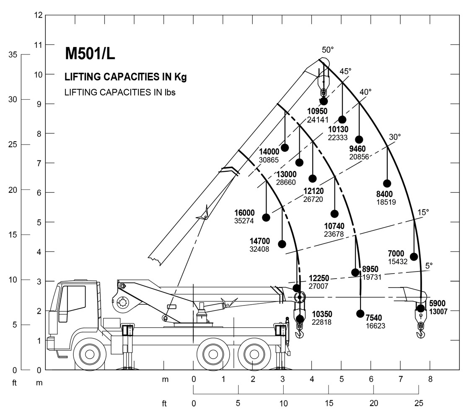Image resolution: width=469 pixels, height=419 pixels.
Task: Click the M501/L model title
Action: (90, 53)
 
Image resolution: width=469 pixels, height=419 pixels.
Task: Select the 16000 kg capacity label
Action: (244, 213)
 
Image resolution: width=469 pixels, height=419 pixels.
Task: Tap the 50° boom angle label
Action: (328, 49)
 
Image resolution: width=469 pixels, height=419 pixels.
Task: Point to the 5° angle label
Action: (428, 265)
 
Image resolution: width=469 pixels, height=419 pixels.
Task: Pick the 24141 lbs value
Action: (317, 119)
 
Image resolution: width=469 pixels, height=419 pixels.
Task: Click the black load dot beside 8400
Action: (387, 184)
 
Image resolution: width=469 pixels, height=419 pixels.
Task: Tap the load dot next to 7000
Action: (414, 257)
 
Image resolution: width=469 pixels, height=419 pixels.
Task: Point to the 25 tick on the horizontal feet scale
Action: (418, 403)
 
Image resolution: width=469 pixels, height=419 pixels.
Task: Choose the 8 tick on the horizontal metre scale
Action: (430, 380)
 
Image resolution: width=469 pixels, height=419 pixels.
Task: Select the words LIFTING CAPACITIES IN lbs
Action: (120, 92)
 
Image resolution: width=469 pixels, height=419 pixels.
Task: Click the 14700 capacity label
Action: (260, 241)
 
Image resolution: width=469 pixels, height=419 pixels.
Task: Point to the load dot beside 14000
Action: (285, 147)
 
